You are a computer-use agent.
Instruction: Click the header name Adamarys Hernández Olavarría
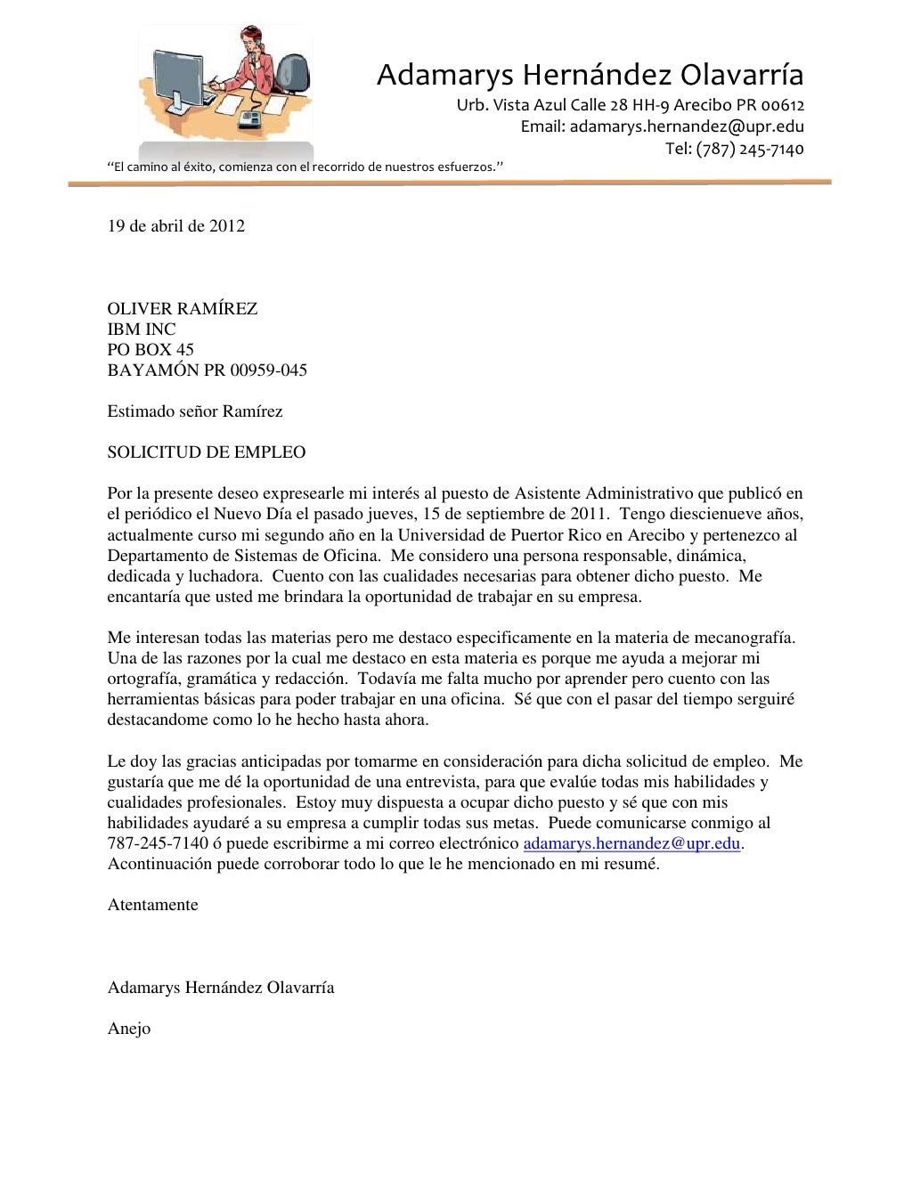pyautogui.click(x=590, y=75)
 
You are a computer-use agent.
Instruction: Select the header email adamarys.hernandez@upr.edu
pyautogui.click(x=662, y=126)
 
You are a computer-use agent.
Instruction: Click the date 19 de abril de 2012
pyautogui.click(x=175, y=226)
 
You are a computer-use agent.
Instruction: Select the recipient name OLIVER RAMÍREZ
pyautogui.click(x=183, y=309)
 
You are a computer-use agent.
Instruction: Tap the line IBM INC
pyautogui.click(x=142, y=330)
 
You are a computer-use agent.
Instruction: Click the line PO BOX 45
pyautogui.click(x=151, y=350)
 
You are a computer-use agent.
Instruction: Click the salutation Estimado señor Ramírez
pyautogui.click(x=195, y=411)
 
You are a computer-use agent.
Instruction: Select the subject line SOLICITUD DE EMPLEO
pyautogui.click(x=207, y=452)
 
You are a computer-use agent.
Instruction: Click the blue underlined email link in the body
pyautogui.click(x=631, y=843)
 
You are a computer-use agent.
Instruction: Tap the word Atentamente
pyautogui.click(x=152, y=905)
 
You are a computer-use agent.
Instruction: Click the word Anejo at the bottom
pyautogui.click(x=129, y=1029)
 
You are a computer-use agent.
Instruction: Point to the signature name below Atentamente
pyautogui.click(x=221, y=988)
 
